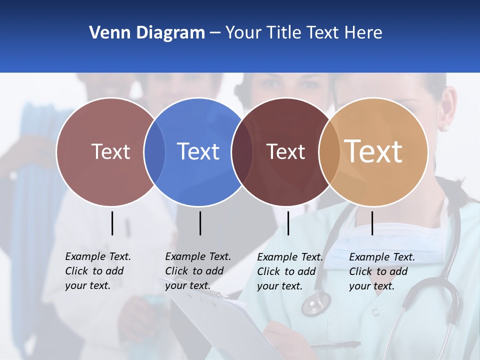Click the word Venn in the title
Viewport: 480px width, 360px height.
tap(106, 32)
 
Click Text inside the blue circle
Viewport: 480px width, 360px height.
tap(198, 151)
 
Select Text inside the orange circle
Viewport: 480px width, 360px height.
tap(373, 151)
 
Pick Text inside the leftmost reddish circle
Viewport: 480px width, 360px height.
tap(111, 151)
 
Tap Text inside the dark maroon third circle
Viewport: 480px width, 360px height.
tap(285, 151)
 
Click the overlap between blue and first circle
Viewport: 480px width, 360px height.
tap(154, 151)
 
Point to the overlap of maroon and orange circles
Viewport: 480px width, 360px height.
tap(329, 151)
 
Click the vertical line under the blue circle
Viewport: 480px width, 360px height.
tap(200, 223)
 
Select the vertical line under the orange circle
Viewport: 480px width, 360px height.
tap(372, 223)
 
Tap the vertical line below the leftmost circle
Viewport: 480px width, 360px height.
tap(112, 223)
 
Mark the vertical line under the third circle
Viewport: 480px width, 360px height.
tap(288, 223)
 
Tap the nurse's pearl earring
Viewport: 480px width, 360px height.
tap(444, 128)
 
